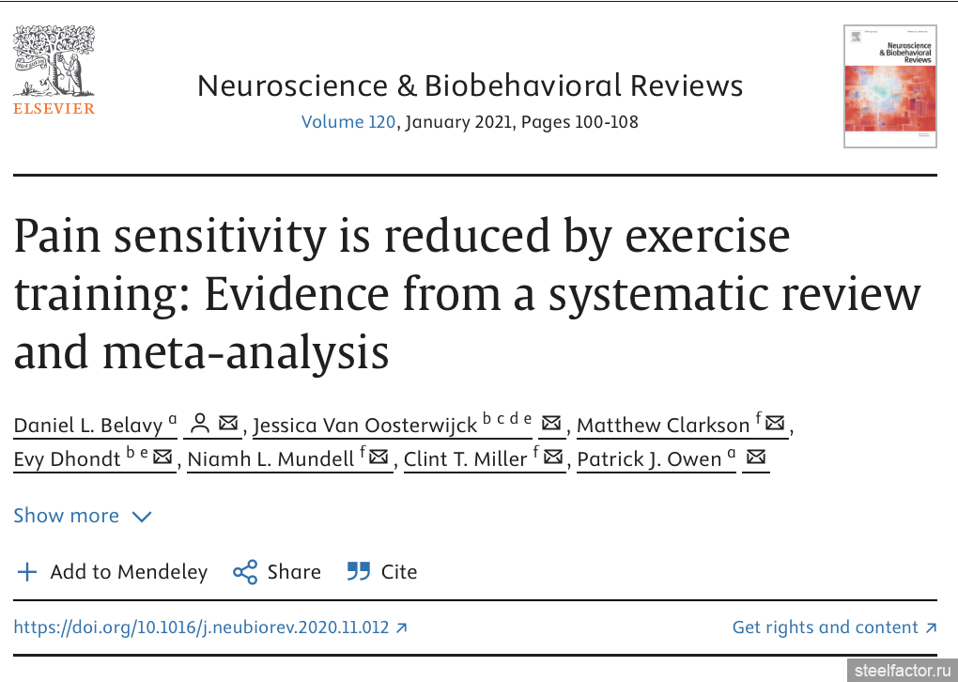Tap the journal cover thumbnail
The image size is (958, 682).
coord(889,86)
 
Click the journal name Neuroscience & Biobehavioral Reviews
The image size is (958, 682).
coord(470,86)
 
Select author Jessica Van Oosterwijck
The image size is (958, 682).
coord(365,426)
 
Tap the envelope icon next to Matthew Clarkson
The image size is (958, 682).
coord(775,424)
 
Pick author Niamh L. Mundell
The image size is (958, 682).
coord(270,459)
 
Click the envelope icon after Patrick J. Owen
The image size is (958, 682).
coord(755,457)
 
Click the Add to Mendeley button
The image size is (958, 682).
coord(113,572)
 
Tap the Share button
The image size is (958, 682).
coord(277,572)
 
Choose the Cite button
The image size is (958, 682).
coord(382,572)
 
